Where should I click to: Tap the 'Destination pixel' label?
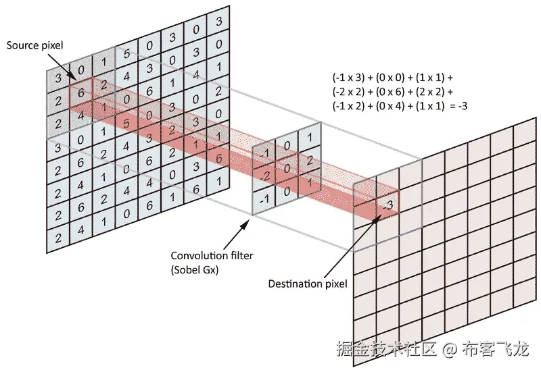(x=308, y=284)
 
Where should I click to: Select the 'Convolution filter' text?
(x=208, y=256)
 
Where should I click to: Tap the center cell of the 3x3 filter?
(x=288, y=168)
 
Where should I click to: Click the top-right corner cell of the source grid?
(x=218, y=22)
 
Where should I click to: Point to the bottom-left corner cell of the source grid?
(x=60, y=238)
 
